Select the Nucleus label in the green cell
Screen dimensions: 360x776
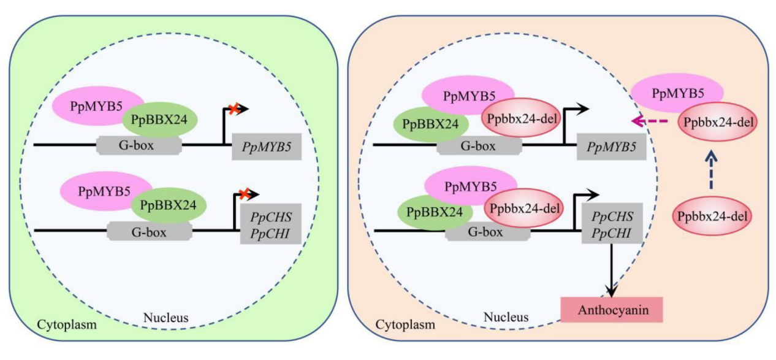click(x=165, y=318)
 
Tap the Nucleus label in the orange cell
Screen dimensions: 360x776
click(x=506, y=317)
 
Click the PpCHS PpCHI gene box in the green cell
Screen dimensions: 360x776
click(x=270, y=224)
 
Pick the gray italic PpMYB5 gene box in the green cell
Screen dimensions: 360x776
click(x=267, y=147)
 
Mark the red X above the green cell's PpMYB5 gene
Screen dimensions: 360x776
click(x=233, y=109)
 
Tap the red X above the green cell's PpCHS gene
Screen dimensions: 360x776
click(x=243, y=194)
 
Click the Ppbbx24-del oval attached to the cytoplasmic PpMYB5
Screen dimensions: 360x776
click(x=718, y=121)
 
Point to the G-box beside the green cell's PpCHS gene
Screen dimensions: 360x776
click(x=148, y=231)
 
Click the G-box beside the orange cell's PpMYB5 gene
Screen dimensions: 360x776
click(x=478, y=146)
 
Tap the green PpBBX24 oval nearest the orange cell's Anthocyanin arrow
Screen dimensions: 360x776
click(x=435, y=212)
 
